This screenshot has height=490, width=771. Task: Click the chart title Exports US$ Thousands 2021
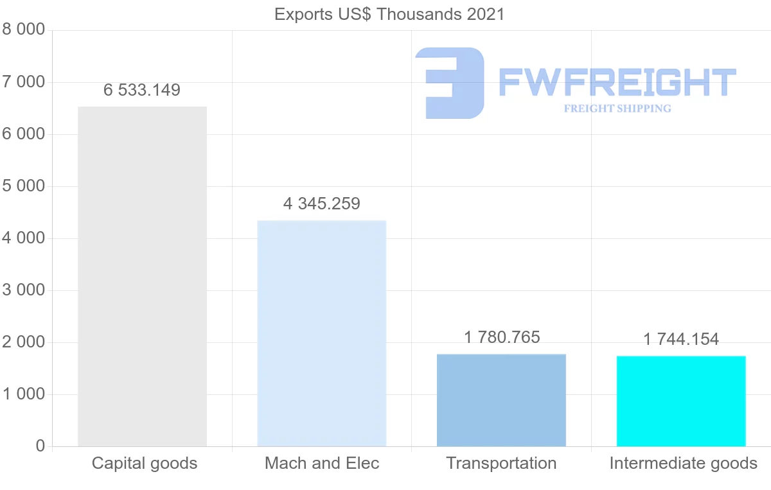389,13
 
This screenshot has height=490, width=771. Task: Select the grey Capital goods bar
142,276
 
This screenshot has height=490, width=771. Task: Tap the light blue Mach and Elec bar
321,333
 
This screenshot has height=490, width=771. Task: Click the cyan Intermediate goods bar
681,401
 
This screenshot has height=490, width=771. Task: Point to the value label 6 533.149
142,90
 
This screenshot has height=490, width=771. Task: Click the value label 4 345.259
321,204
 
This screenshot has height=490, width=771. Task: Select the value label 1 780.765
501,337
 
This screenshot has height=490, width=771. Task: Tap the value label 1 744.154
681,339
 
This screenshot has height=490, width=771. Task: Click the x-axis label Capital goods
145,463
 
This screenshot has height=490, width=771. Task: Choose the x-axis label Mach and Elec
322,463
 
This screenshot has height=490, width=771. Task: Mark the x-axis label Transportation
501,463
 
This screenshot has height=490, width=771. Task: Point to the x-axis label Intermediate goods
683,463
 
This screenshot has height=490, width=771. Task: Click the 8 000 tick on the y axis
24,30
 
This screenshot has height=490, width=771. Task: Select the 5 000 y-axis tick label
24,186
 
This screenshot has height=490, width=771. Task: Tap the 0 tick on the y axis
40,446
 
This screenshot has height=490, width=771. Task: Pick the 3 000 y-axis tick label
24,290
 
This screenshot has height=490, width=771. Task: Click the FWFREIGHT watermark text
617,83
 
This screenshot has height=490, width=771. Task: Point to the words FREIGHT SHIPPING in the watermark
617,109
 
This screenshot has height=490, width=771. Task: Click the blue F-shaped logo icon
450,83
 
